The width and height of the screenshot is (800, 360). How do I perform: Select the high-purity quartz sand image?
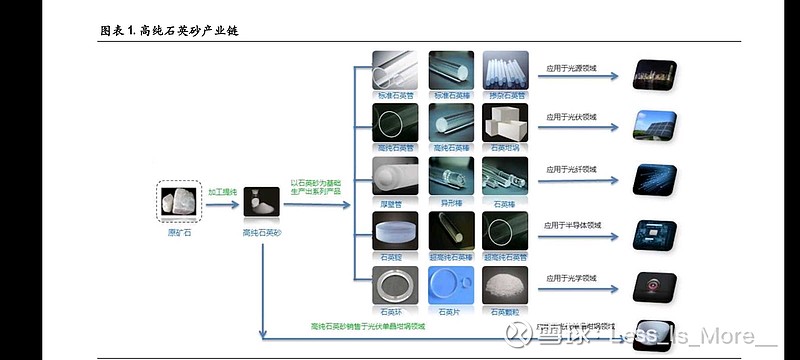[262, 200]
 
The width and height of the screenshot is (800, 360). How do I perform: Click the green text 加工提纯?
[223, 189]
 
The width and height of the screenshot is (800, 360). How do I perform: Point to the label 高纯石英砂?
[263, 232]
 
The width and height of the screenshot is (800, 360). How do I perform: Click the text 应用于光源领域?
[571, 71]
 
